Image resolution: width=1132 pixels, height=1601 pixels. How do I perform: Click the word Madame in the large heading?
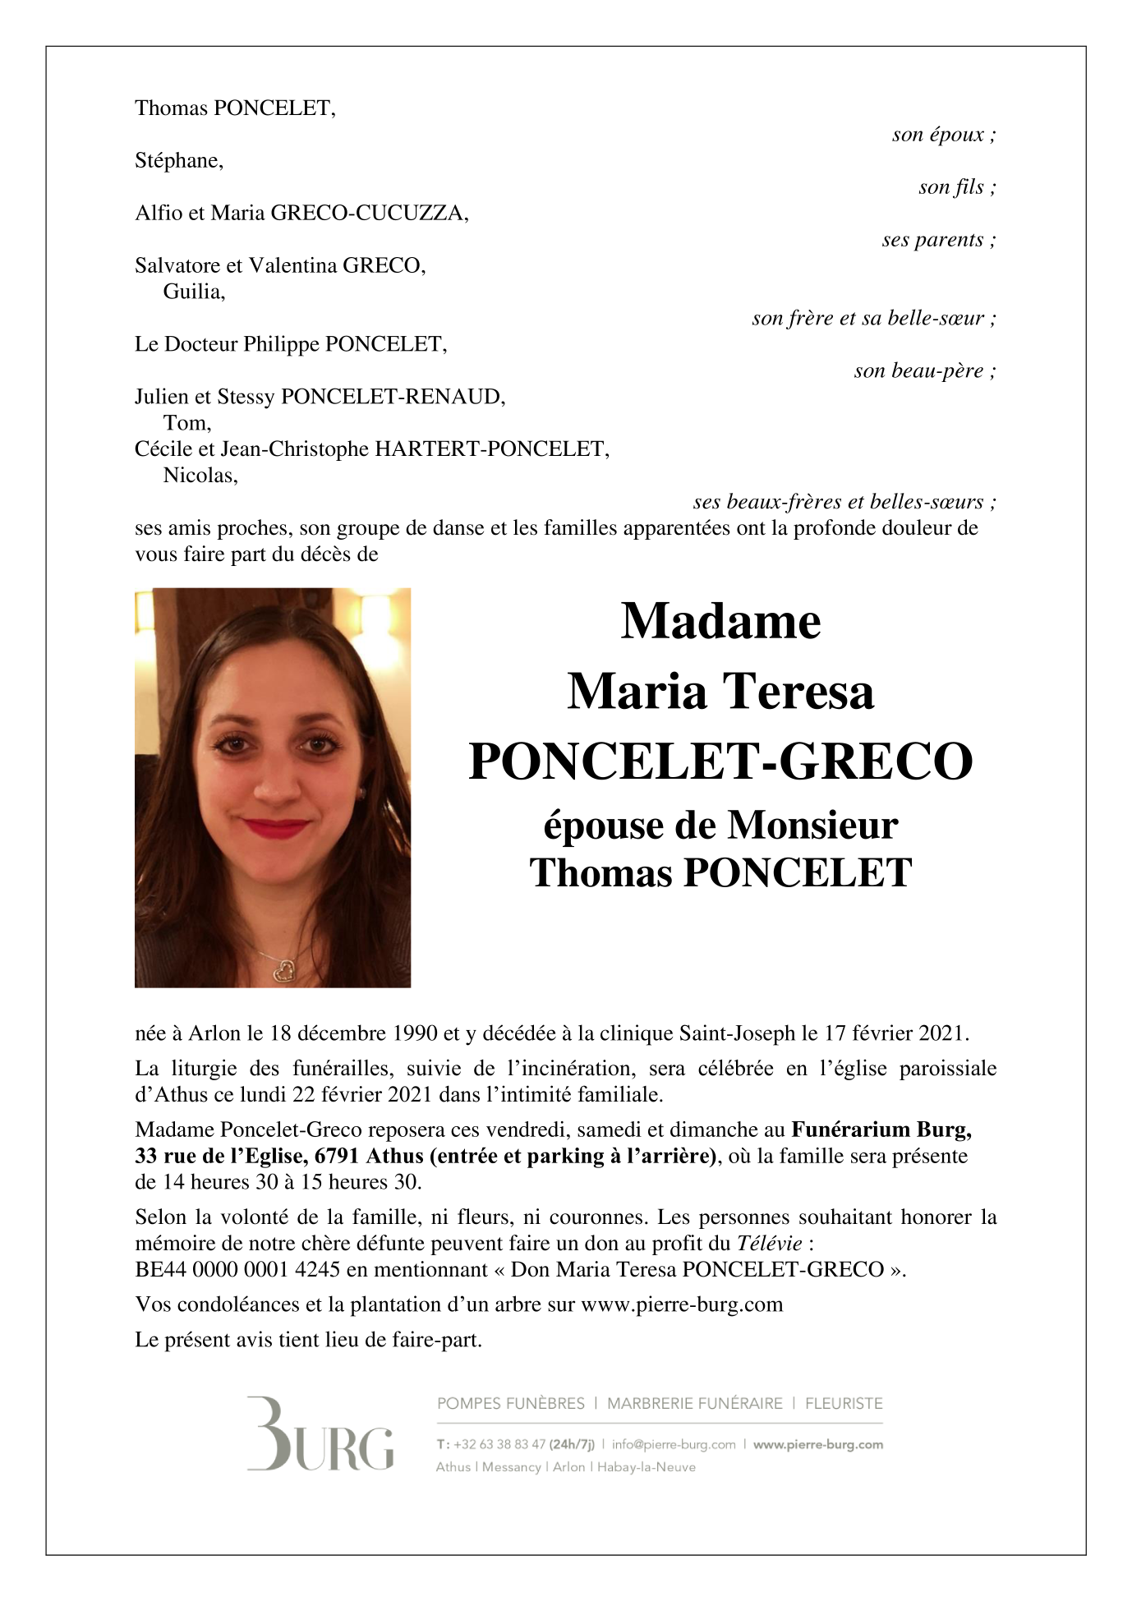(x=720, y=621)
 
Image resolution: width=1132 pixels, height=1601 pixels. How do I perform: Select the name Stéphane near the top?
(x=177, y=161)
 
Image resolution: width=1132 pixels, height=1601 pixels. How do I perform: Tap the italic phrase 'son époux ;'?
(x=943, y=135)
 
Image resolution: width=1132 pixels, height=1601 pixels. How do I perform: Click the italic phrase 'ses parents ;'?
(x=938, y=240)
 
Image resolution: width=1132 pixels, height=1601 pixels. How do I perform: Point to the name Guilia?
(x=193, y=292)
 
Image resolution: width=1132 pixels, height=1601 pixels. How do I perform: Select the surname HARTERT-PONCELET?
(x=490, y=449)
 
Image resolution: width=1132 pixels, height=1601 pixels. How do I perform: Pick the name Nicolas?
(x=200, y=476)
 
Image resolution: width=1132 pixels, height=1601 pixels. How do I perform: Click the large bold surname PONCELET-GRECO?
(x=720, y=761)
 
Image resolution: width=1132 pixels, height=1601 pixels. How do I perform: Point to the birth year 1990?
(x=413, y=1033)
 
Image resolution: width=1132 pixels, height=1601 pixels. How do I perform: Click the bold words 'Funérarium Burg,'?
(x=881, y=1129)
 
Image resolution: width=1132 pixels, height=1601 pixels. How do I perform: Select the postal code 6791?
(x=338, y=1156)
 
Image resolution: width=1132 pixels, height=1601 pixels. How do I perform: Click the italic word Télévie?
(x=769, y=1244)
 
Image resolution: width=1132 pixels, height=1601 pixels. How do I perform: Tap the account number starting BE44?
(x=237, y=1270)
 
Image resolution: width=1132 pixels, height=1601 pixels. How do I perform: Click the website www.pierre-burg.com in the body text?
(x=682, y=1304)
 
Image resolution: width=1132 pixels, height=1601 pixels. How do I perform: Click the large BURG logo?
(x=320, y=1433)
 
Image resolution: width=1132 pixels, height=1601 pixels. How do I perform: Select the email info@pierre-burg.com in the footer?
(x=674, y=1444)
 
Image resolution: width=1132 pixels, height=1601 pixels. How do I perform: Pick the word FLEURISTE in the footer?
(x=844, y=1403)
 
